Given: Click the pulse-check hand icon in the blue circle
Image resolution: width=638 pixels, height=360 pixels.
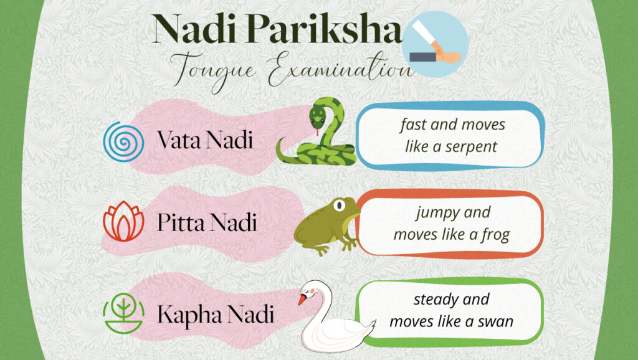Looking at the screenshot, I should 434,44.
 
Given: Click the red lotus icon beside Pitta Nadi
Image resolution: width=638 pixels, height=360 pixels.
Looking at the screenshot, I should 123,222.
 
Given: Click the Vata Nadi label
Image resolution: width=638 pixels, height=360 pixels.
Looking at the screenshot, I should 205,140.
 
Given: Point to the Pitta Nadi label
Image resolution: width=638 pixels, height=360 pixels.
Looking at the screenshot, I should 206,223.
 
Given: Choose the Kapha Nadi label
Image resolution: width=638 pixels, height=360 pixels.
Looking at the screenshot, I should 215,313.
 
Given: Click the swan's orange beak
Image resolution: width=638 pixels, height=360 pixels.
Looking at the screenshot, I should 302,300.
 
